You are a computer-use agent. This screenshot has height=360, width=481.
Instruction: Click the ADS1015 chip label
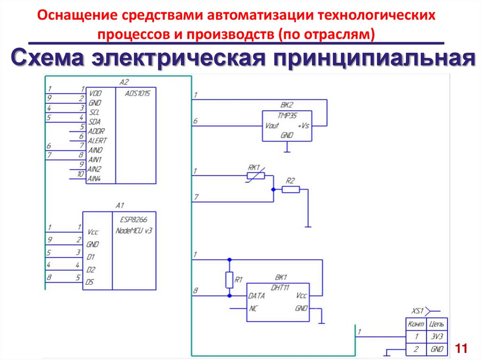[x=137, y=93]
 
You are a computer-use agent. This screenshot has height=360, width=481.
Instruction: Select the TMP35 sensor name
[x=287, y=115]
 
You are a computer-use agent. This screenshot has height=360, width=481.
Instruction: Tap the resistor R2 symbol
[x=291, y=189]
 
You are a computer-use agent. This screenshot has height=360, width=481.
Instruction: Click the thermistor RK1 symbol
[x=256, y=176]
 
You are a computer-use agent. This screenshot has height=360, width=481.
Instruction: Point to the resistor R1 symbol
[x=229, y=280]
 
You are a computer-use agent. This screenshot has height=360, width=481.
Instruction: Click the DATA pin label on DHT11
[x=256, y=296]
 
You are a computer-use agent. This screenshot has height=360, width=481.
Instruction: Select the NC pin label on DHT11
[x=254, y=308]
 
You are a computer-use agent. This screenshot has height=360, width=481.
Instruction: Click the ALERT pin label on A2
[x=98, y=140]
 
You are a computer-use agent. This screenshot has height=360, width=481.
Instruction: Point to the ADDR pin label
[x=97, y=131]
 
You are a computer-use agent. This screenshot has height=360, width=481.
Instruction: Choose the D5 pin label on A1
[x=90, y=282]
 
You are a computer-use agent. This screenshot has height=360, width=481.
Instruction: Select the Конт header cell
[x=416, y=324]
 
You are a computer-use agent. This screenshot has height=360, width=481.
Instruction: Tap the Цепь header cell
[x=436, y=324]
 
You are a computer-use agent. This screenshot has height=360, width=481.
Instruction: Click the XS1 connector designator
[x=418, y=311]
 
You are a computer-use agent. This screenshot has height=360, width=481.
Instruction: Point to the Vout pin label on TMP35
[x=272, y=125]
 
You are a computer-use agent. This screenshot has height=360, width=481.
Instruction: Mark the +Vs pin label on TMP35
[x=303, y=125]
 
